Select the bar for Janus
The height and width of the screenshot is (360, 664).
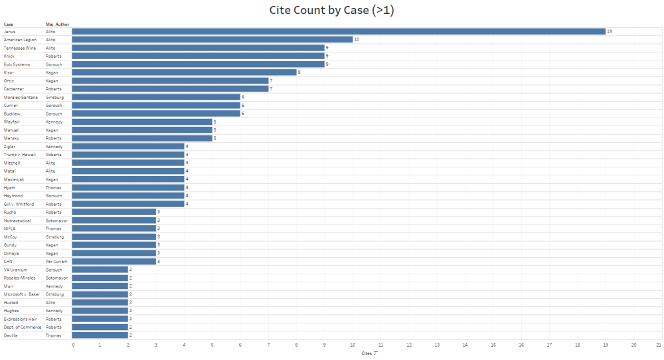[338, 31]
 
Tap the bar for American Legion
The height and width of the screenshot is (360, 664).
[212, 39]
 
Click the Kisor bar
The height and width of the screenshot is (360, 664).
[184, 72]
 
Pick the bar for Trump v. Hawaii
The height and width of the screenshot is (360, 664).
[127, 155]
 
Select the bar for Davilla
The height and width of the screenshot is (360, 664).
[100, 335]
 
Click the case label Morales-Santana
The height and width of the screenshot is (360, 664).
[21, 97]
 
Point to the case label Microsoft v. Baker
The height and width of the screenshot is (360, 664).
[22, 294]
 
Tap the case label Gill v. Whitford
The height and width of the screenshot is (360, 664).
[19, 204]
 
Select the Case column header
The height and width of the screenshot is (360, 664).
[9, 24]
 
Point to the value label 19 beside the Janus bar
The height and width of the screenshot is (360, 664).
[610, 31]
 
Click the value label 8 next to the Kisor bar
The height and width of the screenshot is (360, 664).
[299, 72]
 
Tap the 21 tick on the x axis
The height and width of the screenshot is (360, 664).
[658, 345]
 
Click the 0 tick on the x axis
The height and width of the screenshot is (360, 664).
[73, 345]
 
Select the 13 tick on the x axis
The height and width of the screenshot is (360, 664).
[437, 345]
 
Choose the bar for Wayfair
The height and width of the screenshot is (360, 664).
[142, 122]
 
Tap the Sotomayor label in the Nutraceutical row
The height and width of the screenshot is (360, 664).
[56, 221]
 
